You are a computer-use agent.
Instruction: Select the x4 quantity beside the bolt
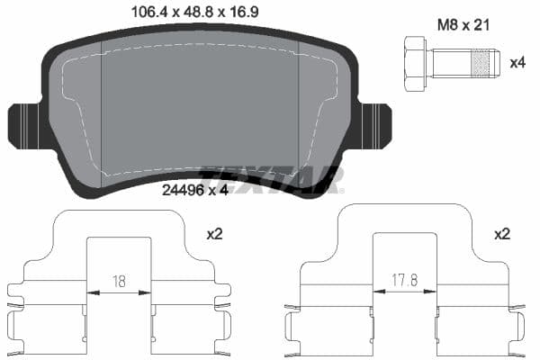click(517, 63)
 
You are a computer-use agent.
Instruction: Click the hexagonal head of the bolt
click(415, 63)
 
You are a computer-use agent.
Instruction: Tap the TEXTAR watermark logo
click(270, 179)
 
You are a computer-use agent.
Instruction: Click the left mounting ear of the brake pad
click(22, 127)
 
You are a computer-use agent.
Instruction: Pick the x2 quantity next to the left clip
click(214, 234)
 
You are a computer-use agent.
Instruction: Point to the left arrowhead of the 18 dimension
click(90, 292)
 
